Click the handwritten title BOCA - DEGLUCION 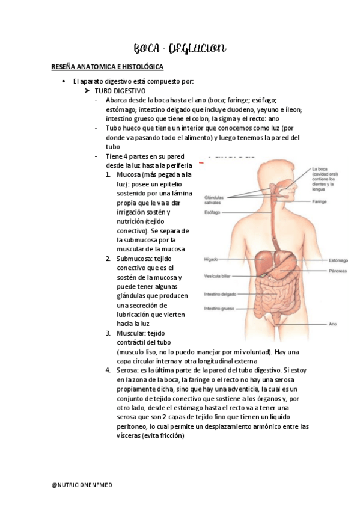(x=179, y=48)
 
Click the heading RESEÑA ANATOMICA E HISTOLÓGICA (x=108, y=66)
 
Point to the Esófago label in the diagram (x=212, y=213)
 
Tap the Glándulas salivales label (x=214, y=199)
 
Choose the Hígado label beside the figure (x=210, y=259)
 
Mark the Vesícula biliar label (x=218, y=276)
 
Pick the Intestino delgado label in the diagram (x=221, y=295)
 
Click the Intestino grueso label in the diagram (x=219, y=309)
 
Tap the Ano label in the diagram (x=332, y=324)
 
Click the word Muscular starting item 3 (x=130, y=333)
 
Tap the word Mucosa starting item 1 (x=129, y=175)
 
